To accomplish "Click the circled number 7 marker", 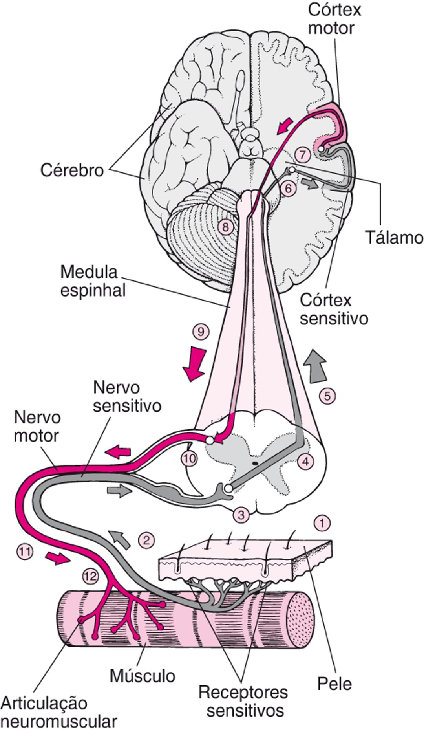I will tap(302, 154).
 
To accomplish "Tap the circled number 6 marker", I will tap(288, 189).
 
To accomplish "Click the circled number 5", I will tap(327, 396).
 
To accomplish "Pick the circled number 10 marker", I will tap(189, 458).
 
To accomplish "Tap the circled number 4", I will tap(305, 462).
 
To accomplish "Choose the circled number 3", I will tap(241, 514).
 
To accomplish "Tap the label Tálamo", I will tap(394, 238).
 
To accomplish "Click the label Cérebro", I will tap(73, 170).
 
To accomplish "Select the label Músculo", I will tap(142, 676).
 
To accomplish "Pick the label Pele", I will tap(334, 684).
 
